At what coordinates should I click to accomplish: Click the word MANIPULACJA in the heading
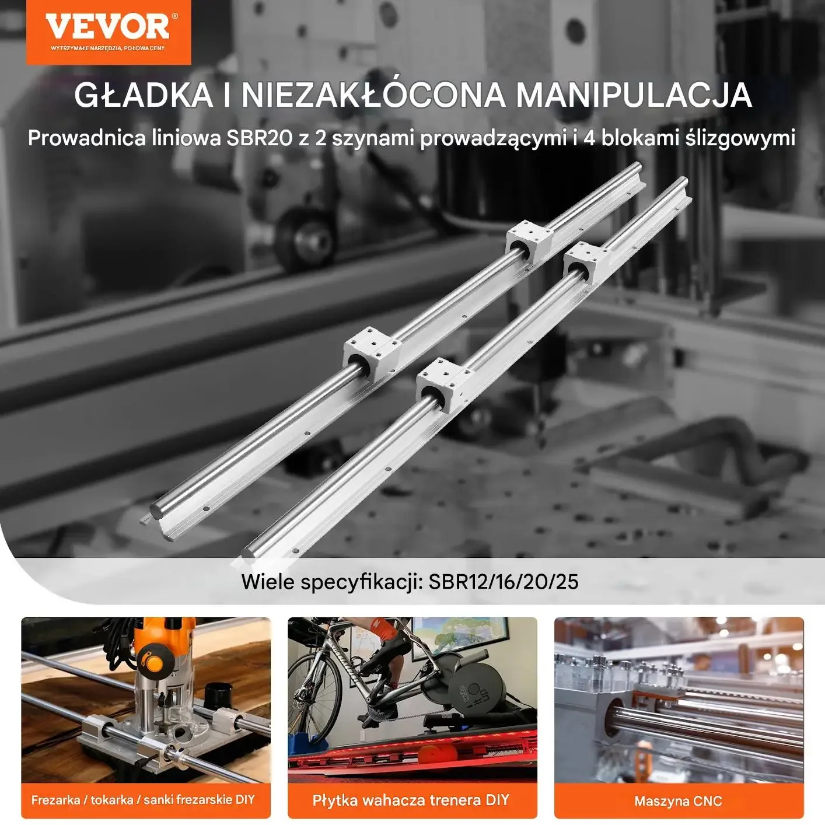point(634,95)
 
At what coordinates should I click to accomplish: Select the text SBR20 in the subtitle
point(253,138)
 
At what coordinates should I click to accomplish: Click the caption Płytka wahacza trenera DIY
point(411,800)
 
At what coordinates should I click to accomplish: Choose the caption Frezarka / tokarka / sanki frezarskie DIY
point(143,800)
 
